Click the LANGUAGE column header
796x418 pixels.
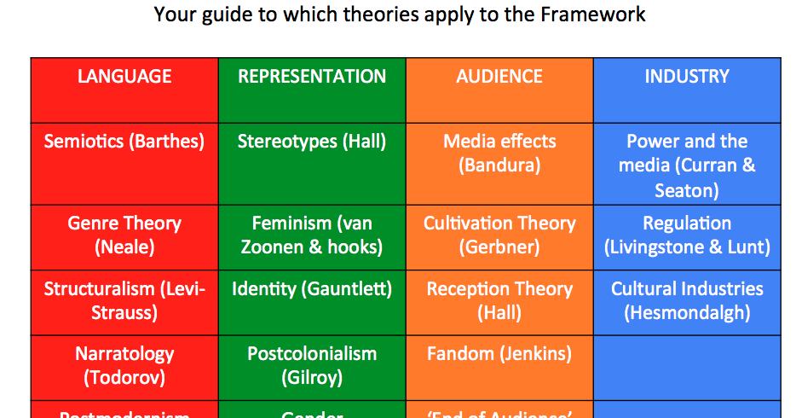[124, 77]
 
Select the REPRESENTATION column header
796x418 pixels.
[312, 77]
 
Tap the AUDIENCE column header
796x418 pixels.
[499, 77]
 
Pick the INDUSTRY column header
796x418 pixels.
[687, 77]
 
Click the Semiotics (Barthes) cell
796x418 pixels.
[124, 142]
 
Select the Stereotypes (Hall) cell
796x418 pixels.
[312, 142]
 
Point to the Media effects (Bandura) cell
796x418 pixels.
[499, 154]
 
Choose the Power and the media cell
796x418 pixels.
[687, 165]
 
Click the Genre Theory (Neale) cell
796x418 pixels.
[124, 235]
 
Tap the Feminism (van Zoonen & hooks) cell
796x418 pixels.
[312, 235]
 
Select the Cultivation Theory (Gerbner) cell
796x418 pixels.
[499, 235]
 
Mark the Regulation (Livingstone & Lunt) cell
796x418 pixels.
[687, 235]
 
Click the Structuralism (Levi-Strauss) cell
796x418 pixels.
[124, 301]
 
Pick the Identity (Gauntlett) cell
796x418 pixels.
[312, 289]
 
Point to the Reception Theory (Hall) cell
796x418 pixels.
[499, 301]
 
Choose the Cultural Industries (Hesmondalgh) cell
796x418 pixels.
[687, 301]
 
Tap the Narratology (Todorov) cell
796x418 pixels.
[124, 365]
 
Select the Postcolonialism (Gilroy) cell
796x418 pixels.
[312, 365]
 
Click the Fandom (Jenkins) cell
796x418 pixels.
[499, 354]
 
